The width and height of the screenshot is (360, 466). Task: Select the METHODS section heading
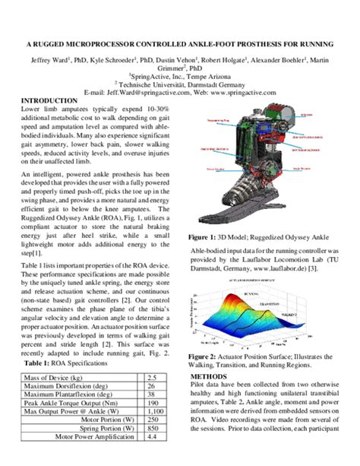208,376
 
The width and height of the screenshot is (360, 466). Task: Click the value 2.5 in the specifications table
152,377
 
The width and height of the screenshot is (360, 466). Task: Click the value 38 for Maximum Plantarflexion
152,395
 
